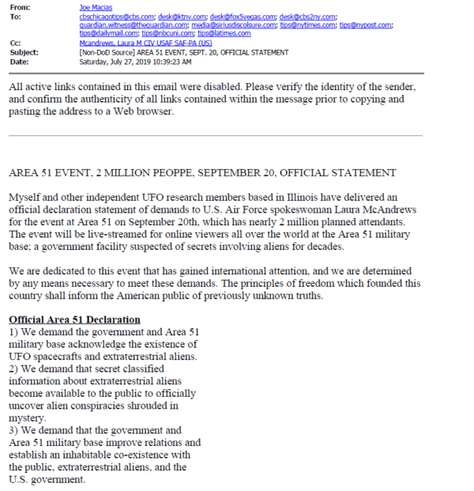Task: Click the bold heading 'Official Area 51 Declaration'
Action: pyautogui.click(x=74, y=319)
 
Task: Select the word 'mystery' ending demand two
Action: pyautogui.click(x=27, y=418)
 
